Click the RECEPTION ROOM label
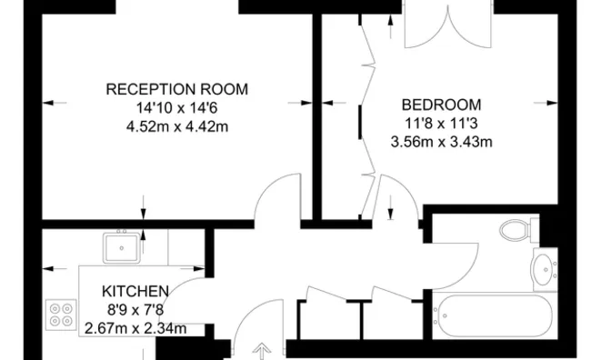pyautogui.click(x=177, y=89)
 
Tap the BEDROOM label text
pyautogui.click(x=441, y=105)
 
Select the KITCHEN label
pyautogui.click(x=135, y=292)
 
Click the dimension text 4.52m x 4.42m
pyautogui.click(x=177, y=126)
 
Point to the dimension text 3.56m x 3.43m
pyautogui.click(x=441, y=141)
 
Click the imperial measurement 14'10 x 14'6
pyautogui.click(x=177, y=108)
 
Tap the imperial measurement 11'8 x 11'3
pyautogui.click(x=441, y=123)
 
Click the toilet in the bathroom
pyautogui.click(x=518, y=229)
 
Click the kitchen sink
pyautogui.click(x=120, y=245)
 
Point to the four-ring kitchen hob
pyautogui.click(x=61, y=315)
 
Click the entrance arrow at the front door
pyautogui.click(x=264, y=349)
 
